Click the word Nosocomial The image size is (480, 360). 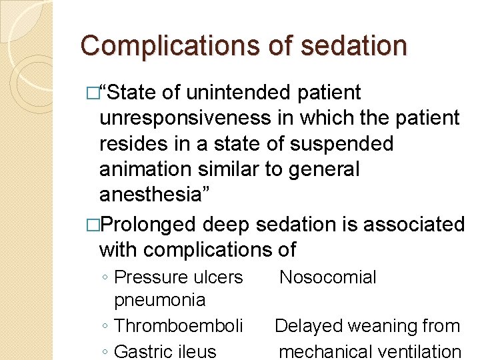[327, 277]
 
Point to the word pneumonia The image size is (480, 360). [160, 300]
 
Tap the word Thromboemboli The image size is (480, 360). [179, 326]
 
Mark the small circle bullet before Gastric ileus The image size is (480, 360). [106, 352]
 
